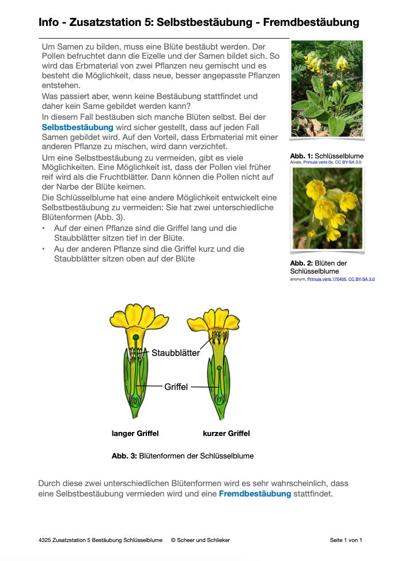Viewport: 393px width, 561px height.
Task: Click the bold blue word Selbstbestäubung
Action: [x=77, y=127]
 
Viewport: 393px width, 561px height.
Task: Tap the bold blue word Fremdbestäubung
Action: [x=255, y=494]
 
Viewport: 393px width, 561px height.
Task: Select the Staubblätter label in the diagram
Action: [x=176, y=352]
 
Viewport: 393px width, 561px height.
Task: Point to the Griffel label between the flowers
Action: [x=176, y=387]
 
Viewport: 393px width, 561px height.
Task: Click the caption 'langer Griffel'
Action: [x=135, y=433]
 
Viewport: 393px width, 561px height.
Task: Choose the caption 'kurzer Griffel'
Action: [x=226, y=433]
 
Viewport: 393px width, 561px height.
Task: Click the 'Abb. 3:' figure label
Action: [x=124, y=456]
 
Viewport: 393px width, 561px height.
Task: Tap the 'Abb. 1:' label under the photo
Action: [x=301, y=156]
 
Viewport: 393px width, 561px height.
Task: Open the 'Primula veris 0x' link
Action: [x=320, y=162]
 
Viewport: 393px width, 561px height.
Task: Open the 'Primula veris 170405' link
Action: [x=327, y=279]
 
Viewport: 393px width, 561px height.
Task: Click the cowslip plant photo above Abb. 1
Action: [x=327, y=88]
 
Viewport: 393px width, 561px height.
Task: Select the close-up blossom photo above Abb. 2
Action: [x=327, y=209]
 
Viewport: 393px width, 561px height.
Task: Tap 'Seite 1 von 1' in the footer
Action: [x=346, y=540]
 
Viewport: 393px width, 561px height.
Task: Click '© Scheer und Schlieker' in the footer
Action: [x=200, y=540]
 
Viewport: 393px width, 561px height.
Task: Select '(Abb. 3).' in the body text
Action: [x=107, y=218]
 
